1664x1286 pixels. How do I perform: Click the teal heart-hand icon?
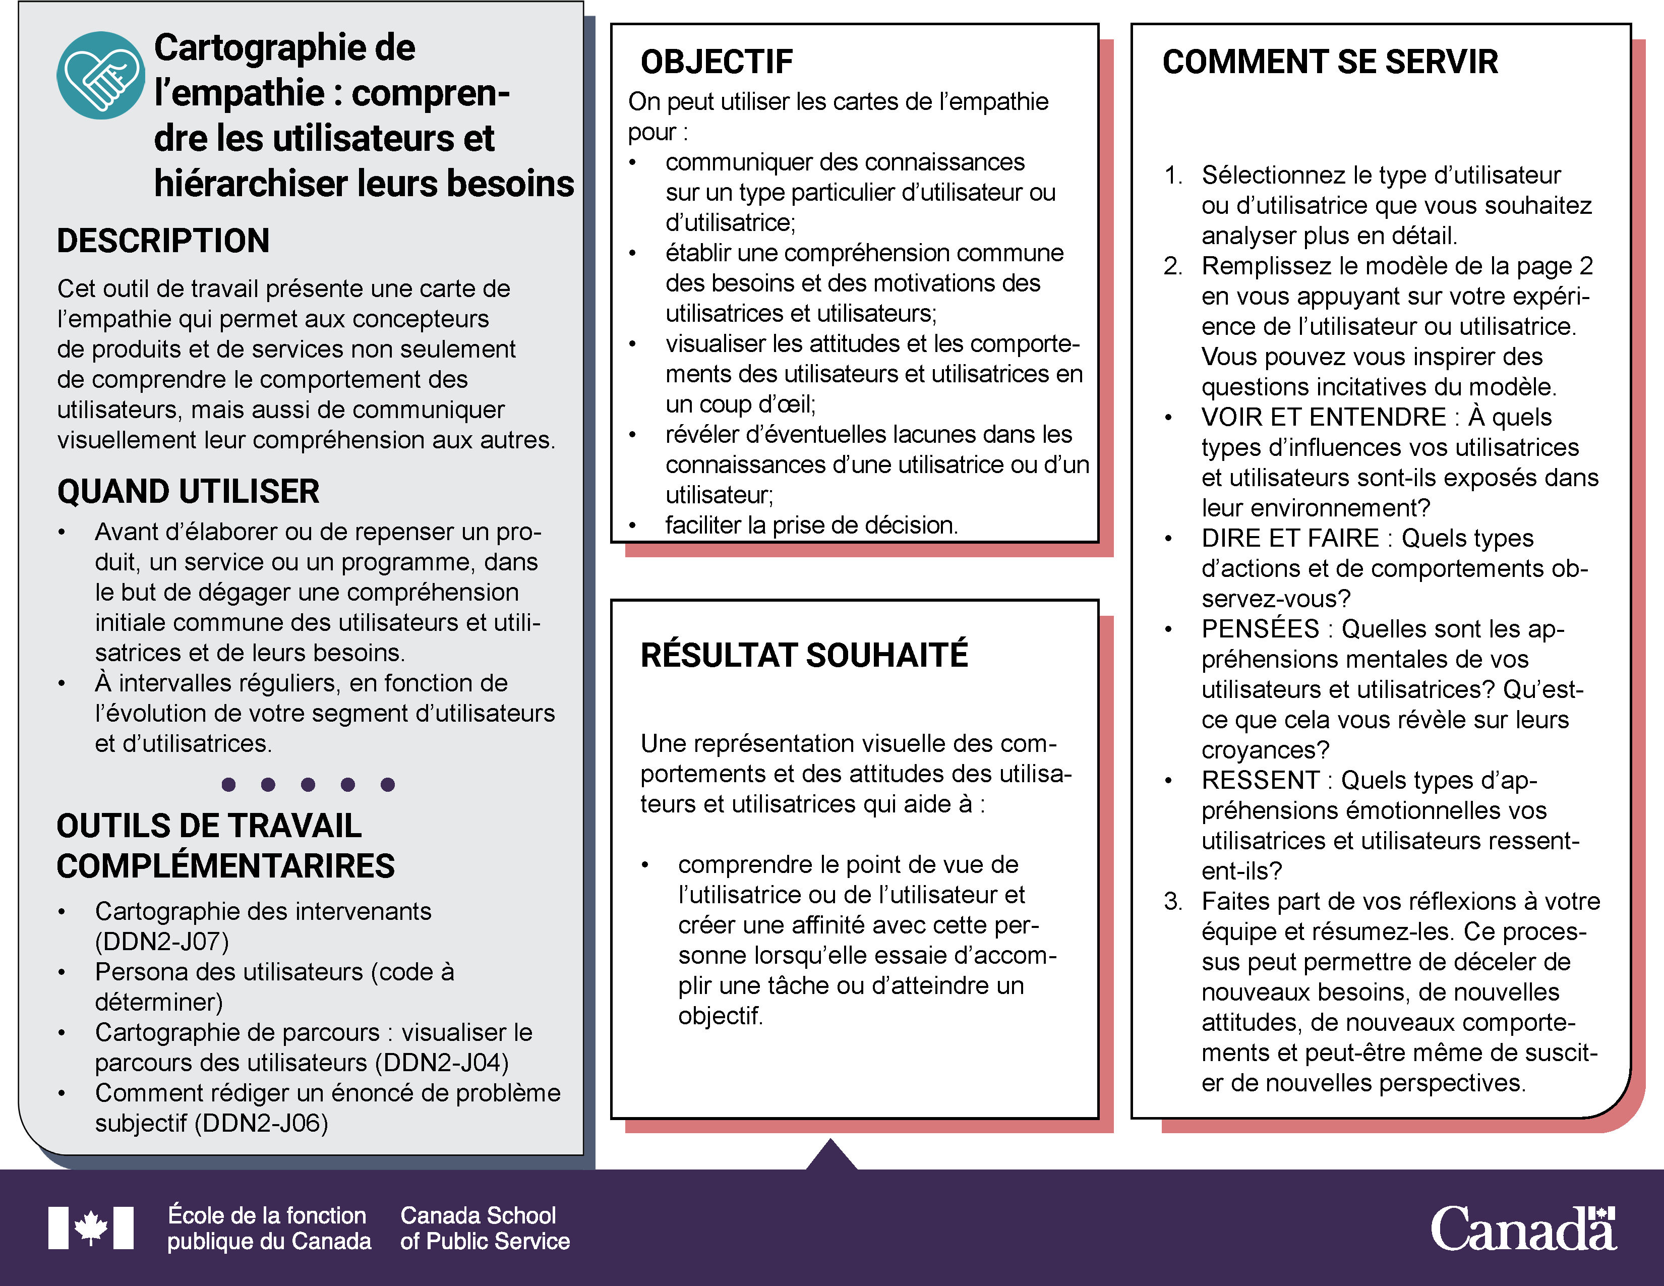[x=100, y=76]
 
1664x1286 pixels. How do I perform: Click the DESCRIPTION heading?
[x=163, y=241]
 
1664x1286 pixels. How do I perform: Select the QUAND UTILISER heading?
[x=188, y=491]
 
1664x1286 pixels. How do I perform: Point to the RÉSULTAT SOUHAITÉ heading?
[x=804, y=655]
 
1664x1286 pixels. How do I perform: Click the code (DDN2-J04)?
[x=446, y=1063]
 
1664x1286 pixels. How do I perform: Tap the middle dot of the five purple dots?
[x=308, y=785]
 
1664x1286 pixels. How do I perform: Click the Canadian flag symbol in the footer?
[x=91, y=1227]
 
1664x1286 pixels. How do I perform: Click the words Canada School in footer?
[x=478, y=1215]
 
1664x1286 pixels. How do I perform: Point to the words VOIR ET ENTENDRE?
[x=1324, y=418]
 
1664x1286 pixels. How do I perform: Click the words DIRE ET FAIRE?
[x=1290, y=539]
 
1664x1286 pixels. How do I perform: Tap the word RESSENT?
[x=1260, y=781]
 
